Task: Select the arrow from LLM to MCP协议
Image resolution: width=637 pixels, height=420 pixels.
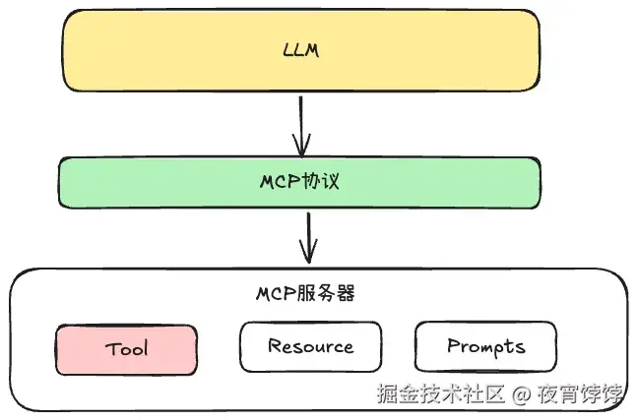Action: tap(301, 124)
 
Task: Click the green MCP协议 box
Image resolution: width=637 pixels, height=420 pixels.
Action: tap(148, 182)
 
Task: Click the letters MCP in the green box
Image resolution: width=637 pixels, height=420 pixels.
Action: tap(286, 182)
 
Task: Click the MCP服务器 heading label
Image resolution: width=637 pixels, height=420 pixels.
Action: tap(305, 293)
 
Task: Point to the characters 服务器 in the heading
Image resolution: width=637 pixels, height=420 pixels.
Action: tap(326, 293)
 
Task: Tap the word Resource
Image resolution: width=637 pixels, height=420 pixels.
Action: tap(310, 346)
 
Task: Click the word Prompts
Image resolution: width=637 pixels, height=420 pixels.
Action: tap(485, 346)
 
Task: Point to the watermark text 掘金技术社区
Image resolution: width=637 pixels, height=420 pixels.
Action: tap(441, 395)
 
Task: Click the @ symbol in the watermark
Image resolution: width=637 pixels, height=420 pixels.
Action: tap(522, 395)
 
